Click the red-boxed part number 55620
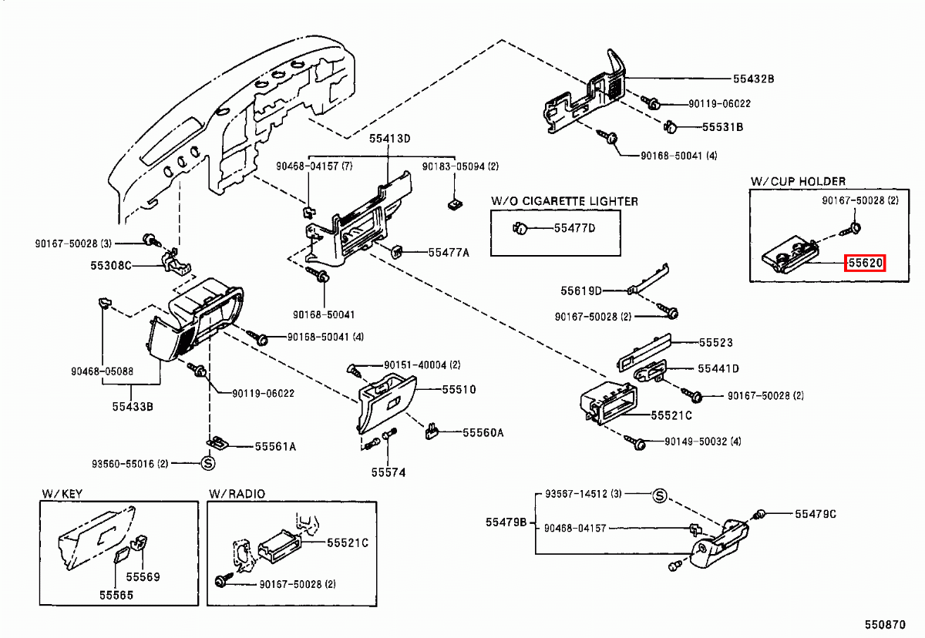pyautogui.click(x=866, y=264)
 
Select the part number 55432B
pyautogui.click(x=753, y=79)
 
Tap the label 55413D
pyautogui.click(x=389, y=139)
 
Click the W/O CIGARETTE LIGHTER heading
pyautogui.click(x=564, y=201)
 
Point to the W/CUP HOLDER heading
pyautogui.click(x=798, y=181)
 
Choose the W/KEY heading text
pyautogui.click(x=62, y=493)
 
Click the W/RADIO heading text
pyautogui.click(x=237, y=493)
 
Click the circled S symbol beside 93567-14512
pyautogui.click(x=659, y=495)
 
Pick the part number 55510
pyautogui.click(x=459, y=390)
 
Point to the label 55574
pyautogui.click(x=388, y=472)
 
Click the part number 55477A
pyautogui.click(x=449, y=252)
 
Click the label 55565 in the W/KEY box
pyautogui.click(x=116, y=595)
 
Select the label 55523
pyautogui.click(x=715, y=343)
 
